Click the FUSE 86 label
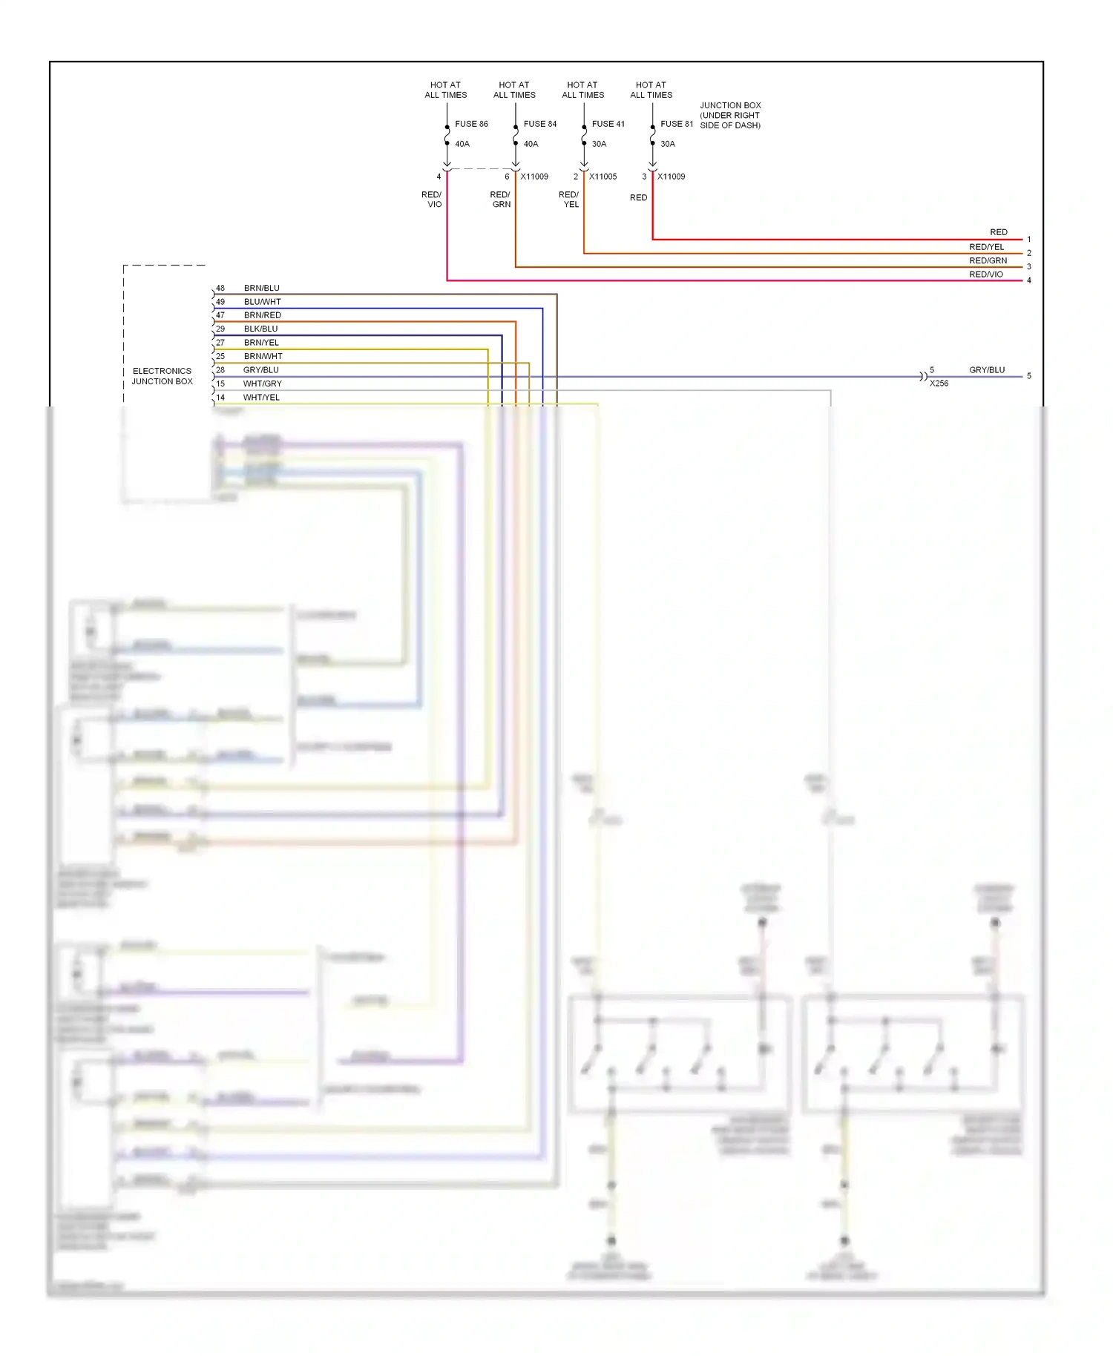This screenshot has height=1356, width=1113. (471, 124)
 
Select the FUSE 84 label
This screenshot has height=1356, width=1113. (539, 124)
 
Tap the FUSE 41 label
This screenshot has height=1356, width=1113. (608, 124)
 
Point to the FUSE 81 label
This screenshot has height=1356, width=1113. (676, 124)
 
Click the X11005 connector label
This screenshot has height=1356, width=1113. (603, 177)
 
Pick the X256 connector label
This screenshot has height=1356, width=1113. (939, 384)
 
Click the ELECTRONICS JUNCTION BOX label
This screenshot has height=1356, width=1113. (162, 376)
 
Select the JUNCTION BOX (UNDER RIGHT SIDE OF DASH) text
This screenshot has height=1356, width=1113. (730, 116)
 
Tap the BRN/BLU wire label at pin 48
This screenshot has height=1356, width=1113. (262, 288)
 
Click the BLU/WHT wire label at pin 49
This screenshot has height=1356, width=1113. (263, 302)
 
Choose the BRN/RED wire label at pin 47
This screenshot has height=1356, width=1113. (263, 315)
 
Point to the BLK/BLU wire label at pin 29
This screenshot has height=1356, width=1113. (261, 329)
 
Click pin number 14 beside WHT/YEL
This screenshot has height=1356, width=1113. (220, 398)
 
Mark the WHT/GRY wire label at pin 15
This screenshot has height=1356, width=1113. (263, 384)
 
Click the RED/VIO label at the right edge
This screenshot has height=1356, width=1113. (985, 274)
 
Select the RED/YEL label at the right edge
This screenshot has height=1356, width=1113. (986, 247)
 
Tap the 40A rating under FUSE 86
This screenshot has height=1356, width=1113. (462, 144)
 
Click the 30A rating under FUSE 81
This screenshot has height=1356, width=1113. (668, 144)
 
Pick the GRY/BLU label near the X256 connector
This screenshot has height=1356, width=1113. (987, 369)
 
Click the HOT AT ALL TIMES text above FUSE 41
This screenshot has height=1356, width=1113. (582, 90)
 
